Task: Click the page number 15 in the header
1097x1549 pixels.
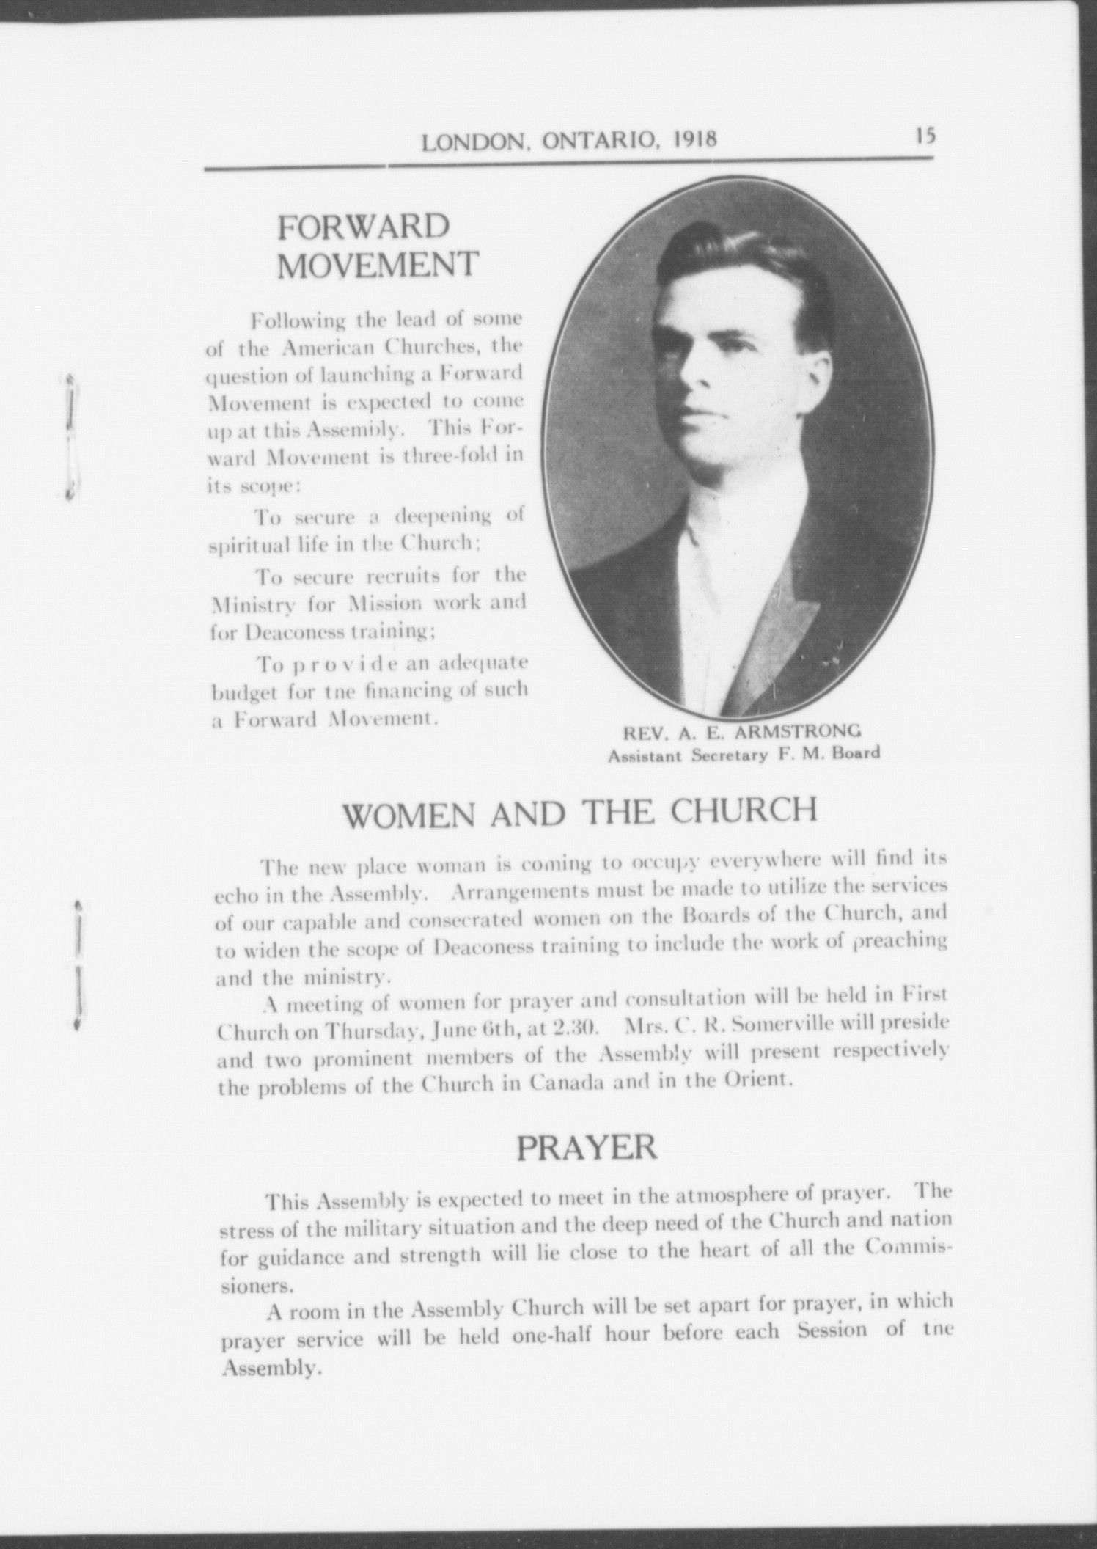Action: coord(925,136)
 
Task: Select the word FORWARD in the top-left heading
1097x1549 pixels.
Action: coord(363,228)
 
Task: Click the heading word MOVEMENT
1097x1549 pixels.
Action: coord(378,265)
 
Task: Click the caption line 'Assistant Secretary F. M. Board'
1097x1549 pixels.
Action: coord(744,753)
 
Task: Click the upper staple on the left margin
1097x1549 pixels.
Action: coord(71,436)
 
